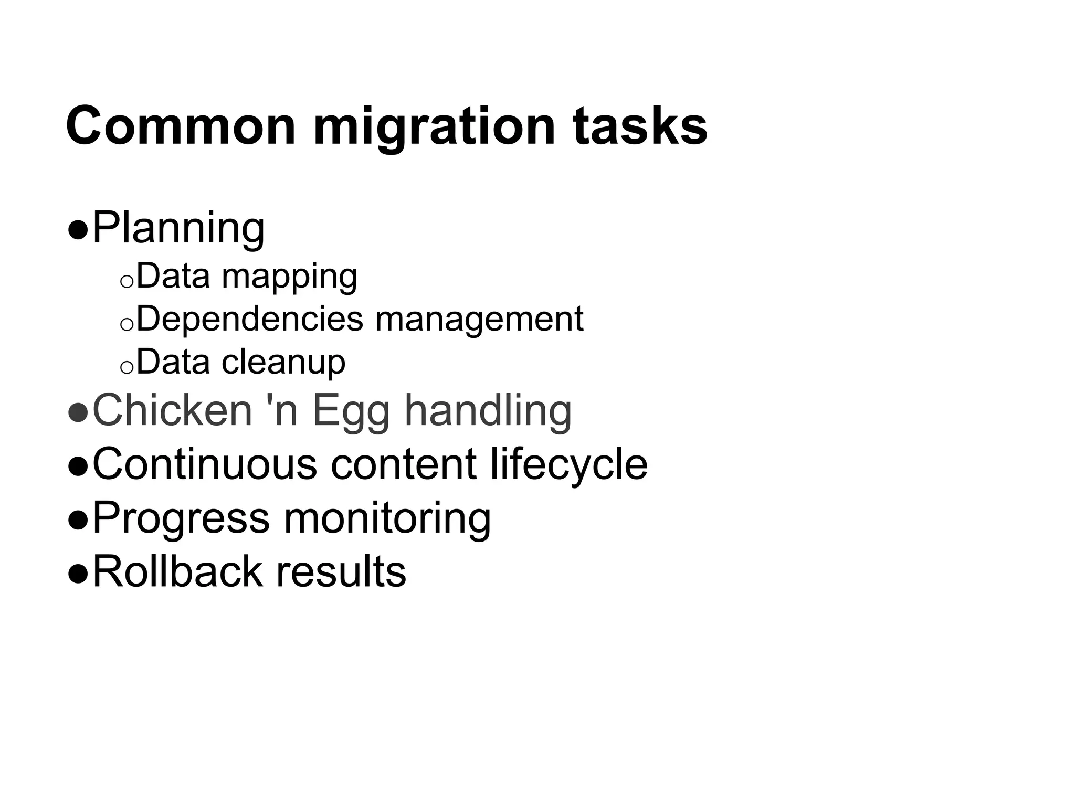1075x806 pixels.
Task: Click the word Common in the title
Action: point(181,126)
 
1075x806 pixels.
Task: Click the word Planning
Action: point(178,229)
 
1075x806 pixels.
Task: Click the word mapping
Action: point(289,277)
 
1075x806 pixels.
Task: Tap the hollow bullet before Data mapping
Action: point(127,282)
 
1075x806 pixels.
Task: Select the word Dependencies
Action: point(249,319)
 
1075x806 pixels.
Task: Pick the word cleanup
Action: point(283,362)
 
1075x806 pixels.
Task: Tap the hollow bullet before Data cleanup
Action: point(127,368)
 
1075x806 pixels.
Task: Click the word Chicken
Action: point(172,410)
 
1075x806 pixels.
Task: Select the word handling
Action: point(488,411)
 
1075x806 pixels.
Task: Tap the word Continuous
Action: point(205,464)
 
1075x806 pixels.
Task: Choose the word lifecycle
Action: point(569,465)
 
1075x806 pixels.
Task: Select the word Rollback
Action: point(177,571)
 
